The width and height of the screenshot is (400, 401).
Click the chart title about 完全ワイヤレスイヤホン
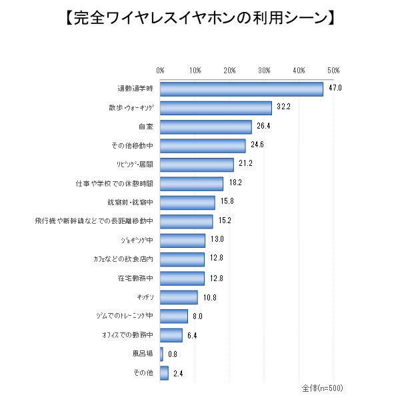[200, 17]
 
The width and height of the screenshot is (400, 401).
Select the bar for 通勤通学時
[241, 89]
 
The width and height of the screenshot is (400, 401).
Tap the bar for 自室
[206, 127]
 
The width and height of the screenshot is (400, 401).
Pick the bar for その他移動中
[203, 145]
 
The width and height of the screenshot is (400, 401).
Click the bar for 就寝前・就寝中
[187, 202]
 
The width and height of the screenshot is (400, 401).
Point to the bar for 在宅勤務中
[182, 278]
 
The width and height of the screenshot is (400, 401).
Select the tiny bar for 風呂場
[161, 354]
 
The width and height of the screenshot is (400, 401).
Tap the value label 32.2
[283, 108]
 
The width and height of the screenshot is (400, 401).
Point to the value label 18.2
[234, 183]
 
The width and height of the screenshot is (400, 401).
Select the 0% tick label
[161, 70]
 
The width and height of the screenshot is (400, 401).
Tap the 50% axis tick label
[334, 70]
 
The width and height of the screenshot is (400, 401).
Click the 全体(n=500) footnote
[322, 387]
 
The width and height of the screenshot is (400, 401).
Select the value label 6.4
[193, 335]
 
